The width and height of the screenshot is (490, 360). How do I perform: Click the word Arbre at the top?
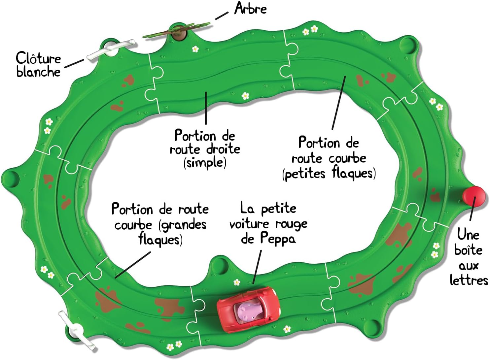(250, 8)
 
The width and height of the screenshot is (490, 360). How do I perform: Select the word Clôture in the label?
(39, 58)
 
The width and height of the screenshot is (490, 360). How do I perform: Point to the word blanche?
(38, 72)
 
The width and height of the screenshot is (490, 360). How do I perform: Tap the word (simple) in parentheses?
(205, 163)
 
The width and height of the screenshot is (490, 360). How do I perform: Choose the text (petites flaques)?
(329, 174)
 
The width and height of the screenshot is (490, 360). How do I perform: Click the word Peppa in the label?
(278, 238)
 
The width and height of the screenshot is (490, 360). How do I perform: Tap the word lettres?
(469, 280)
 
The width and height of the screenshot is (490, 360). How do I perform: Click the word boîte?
(468, 250)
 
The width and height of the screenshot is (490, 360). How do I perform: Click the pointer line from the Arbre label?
(222, 16)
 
